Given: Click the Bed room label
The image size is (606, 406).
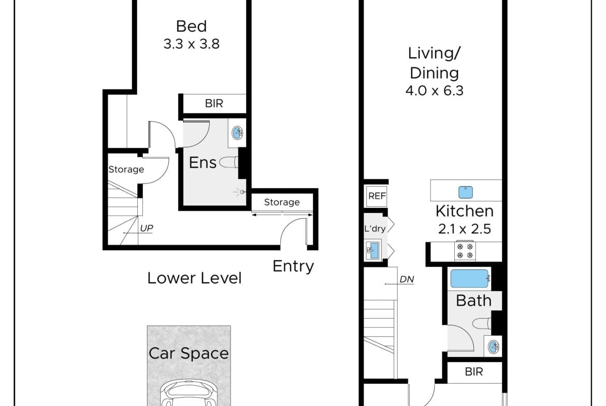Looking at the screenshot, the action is click(x=191, y=26).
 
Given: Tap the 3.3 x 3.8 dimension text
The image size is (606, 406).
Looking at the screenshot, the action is click(x=191, y=44).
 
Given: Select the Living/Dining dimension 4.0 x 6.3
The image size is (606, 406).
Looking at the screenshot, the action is click(x=434, y=91).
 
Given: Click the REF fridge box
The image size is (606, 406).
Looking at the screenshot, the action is click(x=377, y=196).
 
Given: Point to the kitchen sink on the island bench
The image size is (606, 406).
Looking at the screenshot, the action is click(x=465, y=192).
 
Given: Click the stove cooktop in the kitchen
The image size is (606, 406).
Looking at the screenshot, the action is click(x=465, y=251).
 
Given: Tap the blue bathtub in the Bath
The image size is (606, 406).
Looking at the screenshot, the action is click(x=470, y=278).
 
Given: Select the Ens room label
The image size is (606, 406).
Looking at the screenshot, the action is click(x=203, y=162).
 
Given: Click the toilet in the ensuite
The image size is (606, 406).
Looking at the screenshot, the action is click(x=229, y=162).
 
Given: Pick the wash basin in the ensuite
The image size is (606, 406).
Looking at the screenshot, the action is click(x=237, y=133).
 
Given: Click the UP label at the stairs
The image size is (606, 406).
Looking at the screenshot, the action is click(x=147, y=228).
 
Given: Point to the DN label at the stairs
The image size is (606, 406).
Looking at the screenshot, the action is click(x=407, y=279).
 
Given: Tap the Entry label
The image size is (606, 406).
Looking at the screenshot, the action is click(x=293, y=266).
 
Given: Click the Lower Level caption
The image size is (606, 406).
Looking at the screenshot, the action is click(x=194, y=278).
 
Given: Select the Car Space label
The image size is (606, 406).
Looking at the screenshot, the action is click(x=189, y=354).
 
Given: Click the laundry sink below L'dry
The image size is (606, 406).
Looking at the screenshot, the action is click(x=372, y=250).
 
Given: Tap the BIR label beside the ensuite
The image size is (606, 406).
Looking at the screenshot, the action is click(x=214, y=103).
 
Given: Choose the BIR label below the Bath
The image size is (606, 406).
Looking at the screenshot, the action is click(x=474, y=372).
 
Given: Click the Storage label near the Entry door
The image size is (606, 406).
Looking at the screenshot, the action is click(x=282, y=202).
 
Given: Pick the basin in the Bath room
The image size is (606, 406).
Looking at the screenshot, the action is click(x=494, y=347).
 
